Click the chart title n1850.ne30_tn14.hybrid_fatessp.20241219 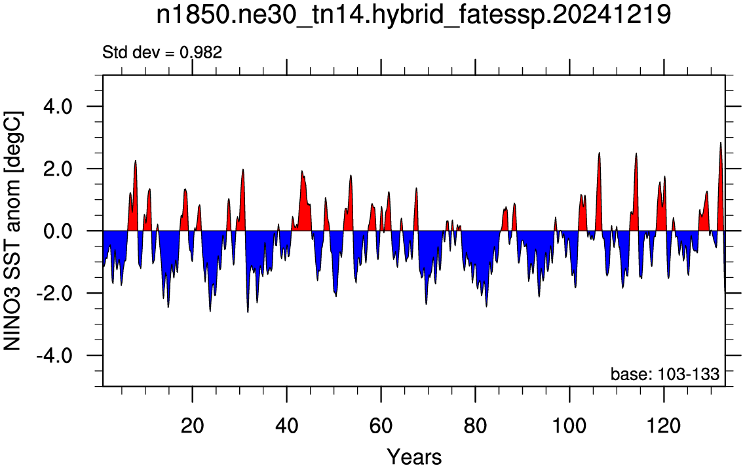click(x=413, y=14)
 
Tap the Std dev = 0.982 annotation click(x=162, y=52)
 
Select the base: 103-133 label click(x=664, y=374)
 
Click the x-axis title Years click(x=414, y=457)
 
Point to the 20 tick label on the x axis click(x=193, y=425)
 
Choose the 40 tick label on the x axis click(x=286, y=425)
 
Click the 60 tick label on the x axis click(x=381, y=425)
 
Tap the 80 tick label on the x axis click(x=475, y=425)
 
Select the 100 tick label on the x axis click(x=569, y=425)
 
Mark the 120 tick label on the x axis click(x=664, y=425)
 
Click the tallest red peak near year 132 click(x=720, y=143)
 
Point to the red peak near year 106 click(x=599, y=153)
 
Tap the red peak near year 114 click(x=636, y=154)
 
